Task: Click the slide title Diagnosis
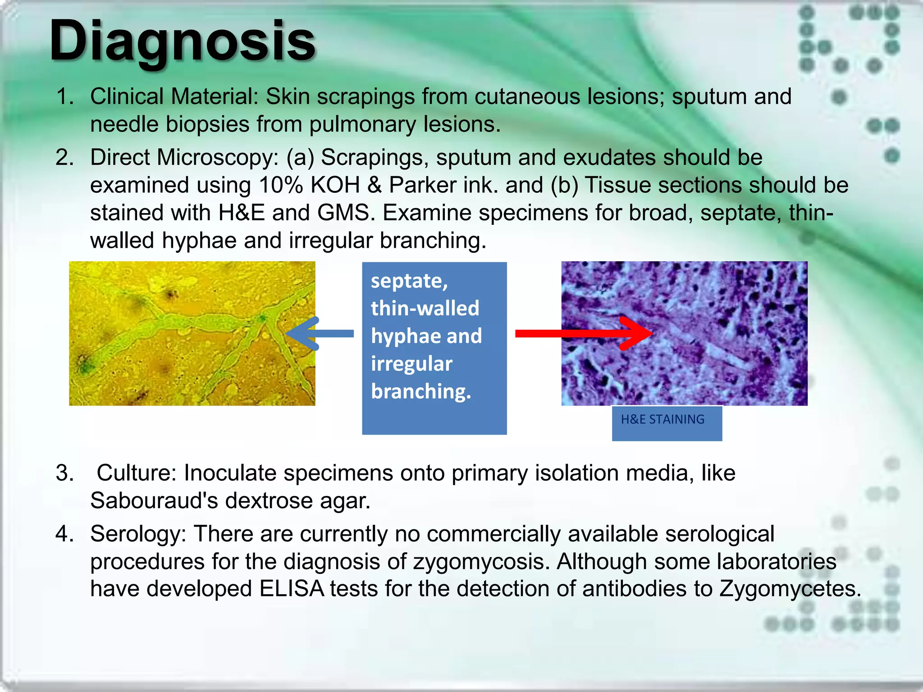(182, 41)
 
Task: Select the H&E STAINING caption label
(663, 419)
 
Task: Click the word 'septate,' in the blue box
(409, 281)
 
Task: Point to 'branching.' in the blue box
(421, 391)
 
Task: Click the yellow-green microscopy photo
(192, 333)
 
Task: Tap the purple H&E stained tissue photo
(684, 333)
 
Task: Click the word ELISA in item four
(291, 589)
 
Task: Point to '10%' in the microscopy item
(280, 185)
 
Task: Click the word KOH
(335, 185)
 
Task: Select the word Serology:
(138, 534)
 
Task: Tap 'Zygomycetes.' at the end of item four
(790, 589)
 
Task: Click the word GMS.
(346, 213)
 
